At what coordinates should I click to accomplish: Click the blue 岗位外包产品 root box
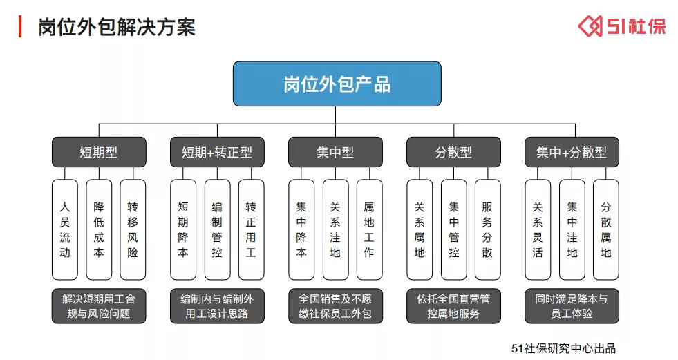337,84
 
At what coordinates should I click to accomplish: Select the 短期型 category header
99,152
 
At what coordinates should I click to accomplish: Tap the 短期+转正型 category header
217,152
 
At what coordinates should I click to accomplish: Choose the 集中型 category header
335,152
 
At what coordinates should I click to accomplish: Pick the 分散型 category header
453,152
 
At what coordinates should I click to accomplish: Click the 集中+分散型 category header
572,152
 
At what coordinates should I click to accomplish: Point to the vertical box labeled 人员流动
65,230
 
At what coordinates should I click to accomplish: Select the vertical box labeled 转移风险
133,230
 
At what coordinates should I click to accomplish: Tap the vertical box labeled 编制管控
217,230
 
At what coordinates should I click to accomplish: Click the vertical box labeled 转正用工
251,230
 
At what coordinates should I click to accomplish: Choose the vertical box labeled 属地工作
369,230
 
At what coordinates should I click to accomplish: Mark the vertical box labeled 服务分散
488,230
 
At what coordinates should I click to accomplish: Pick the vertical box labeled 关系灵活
538,230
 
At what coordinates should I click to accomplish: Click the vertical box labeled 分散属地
606,230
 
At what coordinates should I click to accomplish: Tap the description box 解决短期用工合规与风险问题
99,306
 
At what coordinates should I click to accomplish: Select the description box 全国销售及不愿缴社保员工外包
335,306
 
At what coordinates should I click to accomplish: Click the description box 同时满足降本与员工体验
572,306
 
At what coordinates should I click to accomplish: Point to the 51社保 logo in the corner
622,26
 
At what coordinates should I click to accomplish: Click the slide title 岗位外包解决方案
117,27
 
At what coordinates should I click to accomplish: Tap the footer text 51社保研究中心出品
563,348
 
